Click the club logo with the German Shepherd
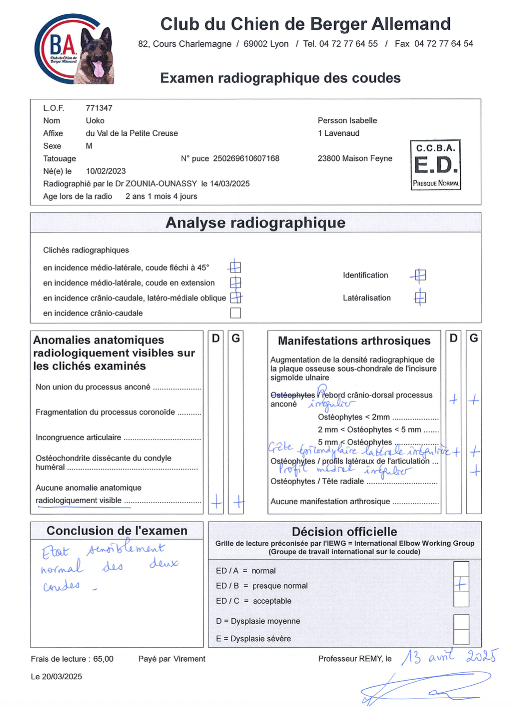(x=74, y=49)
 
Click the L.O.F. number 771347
(x=99, y=108)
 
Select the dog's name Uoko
(x=95, y=121)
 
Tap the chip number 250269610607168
(x=246, y=158)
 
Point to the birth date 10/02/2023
(x=106, y=171)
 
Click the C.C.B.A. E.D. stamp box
(x=435, y=165)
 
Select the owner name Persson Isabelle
(x=347, y=120)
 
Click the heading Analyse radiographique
(x=256, y=223)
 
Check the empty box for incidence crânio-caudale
(x=235, y=313)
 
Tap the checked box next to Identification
(x=420, y=275)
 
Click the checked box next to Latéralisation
(x=420, y=298)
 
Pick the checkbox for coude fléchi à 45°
(x=235, y=267)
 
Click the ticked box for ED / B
(x=461, y=584)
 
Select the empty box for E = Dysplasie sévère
(x=461, y=637)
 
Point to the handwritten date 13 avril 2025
(x=449, y=656)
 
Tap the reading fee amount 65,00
(x=103, y=659)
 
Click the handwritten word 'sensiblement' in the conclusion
(x=126, y=549)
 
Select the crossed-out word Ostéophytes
(x=293, y=395)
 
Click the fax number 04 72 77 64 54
(x=443, y=44)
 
